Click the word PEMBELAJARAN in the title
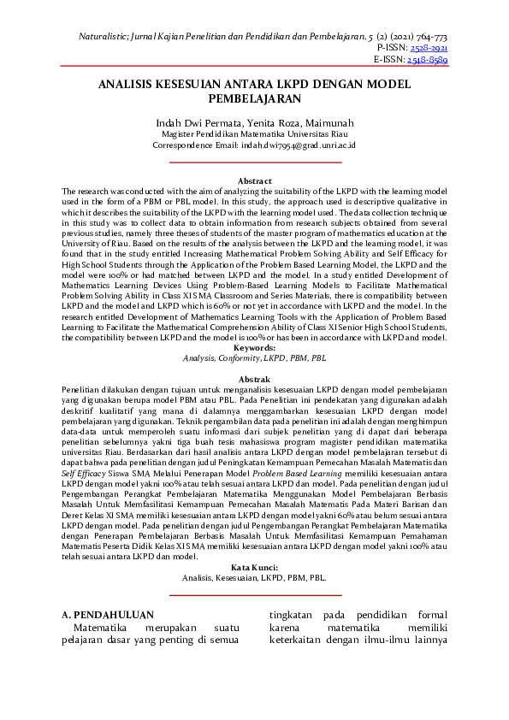click(x=254, y=98)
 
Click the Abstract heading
click(x=254, y=181)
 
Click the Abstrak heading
click(x=254, y=379)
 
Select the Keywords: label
click(x=254, y=348)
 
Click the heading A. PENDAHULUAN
click(x=109, y=615)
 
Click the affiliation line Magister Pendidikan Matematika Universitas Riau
click(x=254, y=134)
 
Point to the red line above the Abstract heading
click(x=254, y=162)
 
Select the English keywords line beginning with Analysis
click(x=254, y=358)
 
